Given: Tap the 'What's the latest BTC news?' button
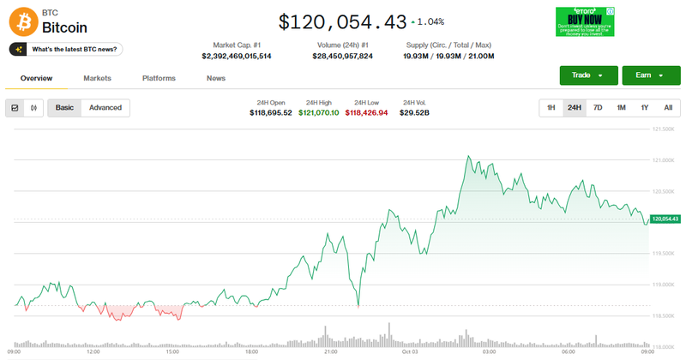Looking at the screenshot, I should [x=66, y=50].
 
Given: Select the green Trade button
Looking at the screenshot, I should [x=588, y=75].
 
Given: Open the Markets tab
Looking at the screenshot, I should [x=97, y=78].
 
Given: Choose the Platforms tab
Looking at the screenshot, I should [x=159, y=78].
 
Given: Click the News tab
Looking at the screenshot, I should [x=216, y=78].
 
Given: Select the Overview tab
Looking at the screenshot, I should [x=37, y=78].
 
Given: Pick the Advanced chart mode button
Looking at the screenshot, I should [x=105, y=107].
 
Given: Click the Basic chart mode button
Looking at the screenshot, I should [x=64, y=107].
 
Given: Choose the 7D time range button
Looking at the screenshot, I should [x=598, y=107].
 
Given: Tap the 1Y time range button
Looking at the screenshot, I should [x=644, y=107].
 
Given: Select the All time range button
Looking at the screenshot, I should [x=667, y=107].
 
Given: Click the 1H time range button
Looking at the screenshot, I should [x=551, y=107].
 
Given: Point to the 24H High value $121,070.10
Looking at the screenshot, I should [x=318, y=112].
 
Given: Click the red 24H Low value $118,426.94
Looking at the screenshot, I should [x=366, y=112].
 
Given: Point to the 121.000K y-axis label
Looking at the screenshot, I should [x=664, y=160].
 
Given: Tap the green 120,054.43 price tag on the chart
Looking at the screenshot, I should [x=665, y=219].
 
